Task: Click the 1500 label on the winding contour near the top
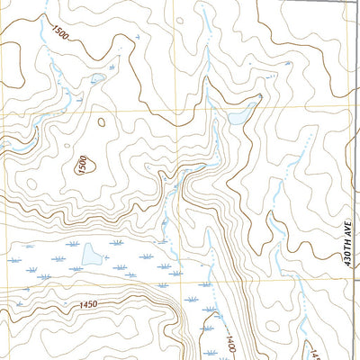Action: pos(60,33)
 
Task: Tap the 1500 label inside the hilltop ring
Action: pos(81,165)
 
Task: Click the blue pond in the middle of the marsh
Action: pos(91,257)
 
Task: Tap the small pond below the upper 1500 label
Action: pos(97,78)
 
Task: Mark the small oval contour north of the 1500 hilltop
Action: pos(100,121)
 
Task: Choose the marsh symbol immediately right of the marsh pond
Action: pos(118,268)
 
